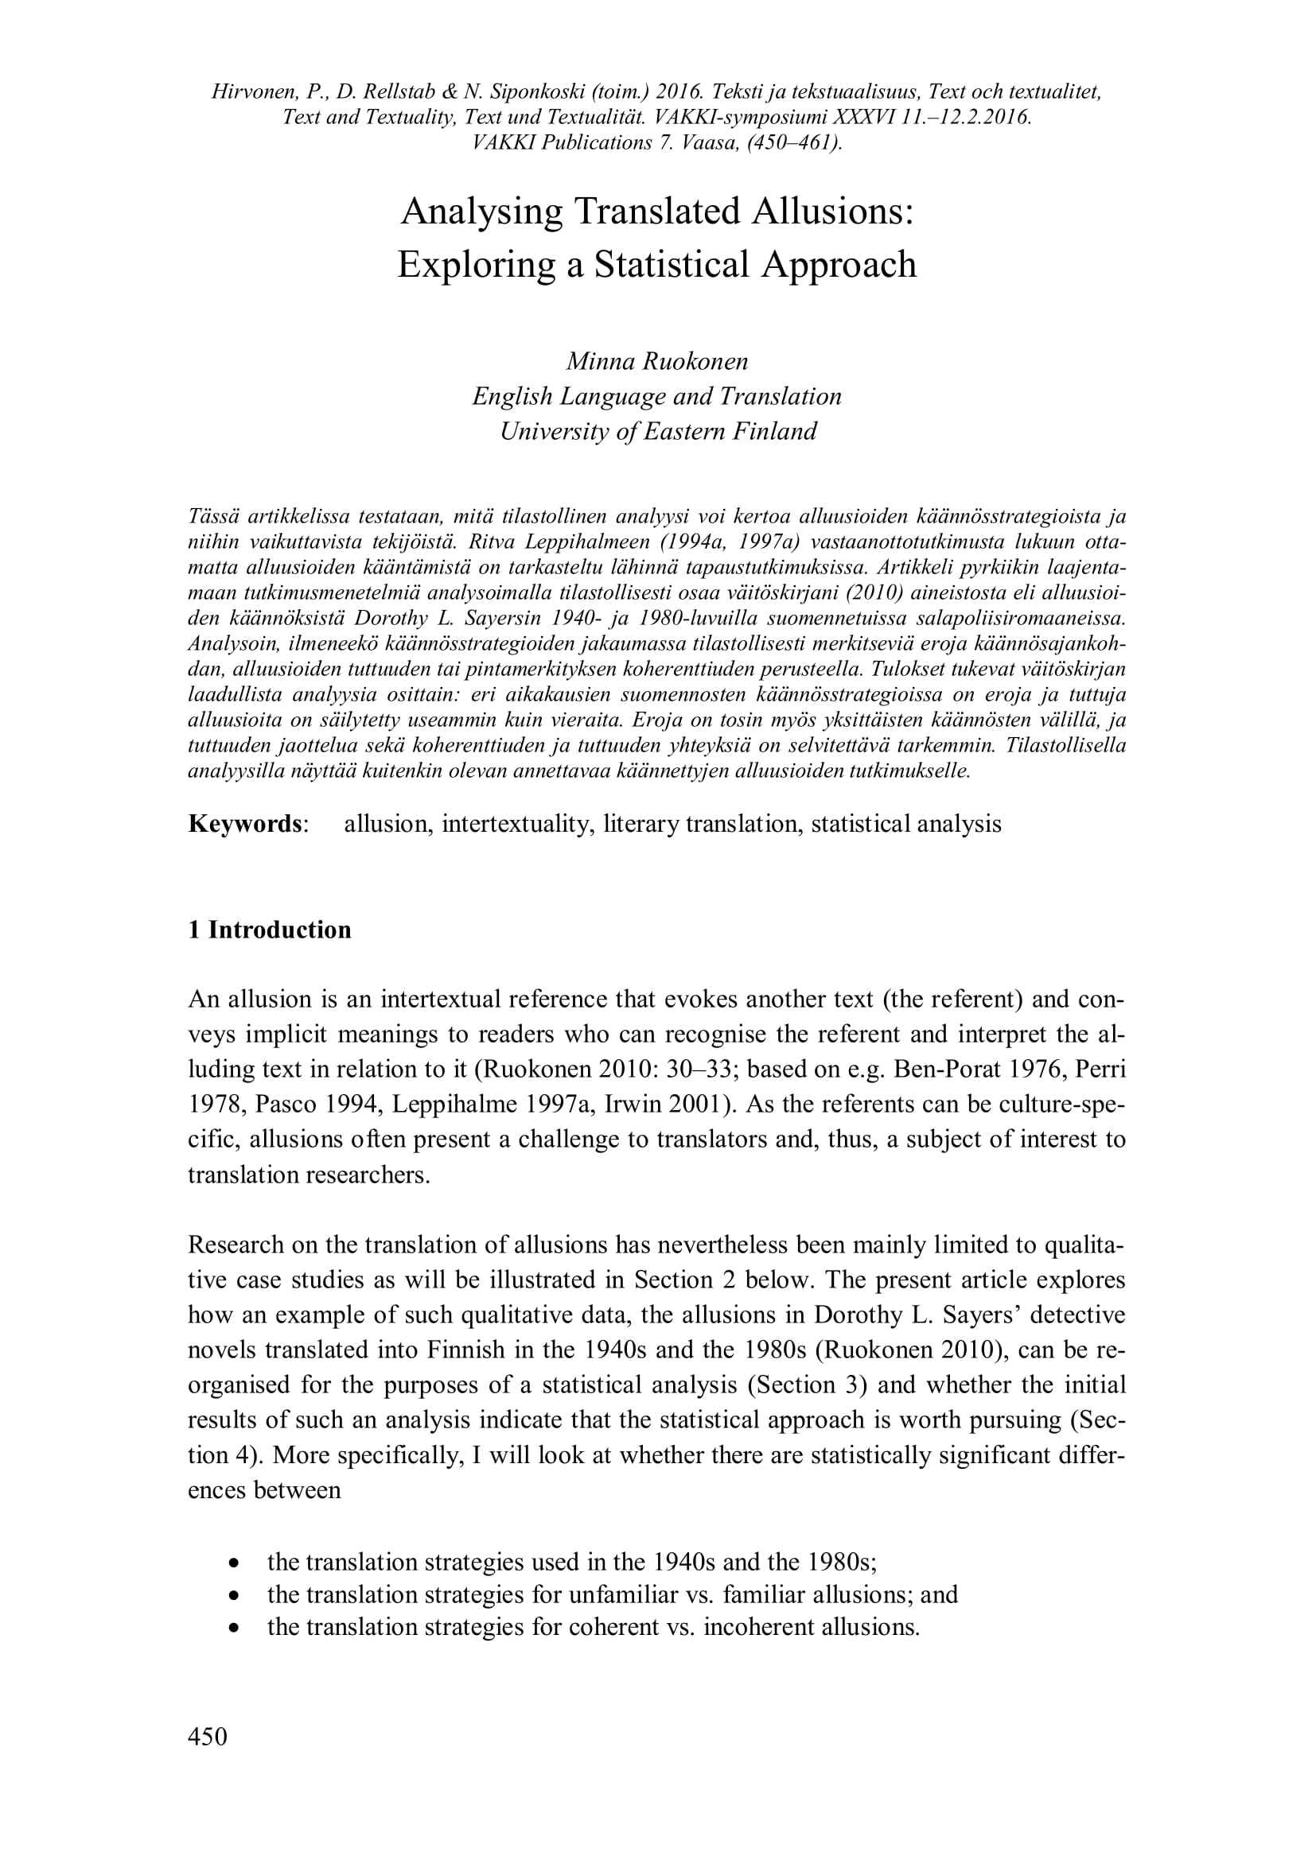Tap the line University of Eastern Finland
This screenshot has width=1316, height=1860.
pyautogui.click(x=657, y=431)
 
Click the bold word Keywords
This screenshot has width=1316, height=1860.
pyautogui.click(x=246, y=824)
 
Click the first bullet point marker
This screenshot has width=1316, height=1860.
pyautogui.click(x=234, y=1562)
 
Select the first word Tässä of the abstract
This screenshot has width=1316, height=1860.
pyautogui.click(x=214, y=517)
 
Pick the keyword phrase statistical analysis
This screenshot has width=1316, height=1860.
pyautogui.click(x=906, y=824)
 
